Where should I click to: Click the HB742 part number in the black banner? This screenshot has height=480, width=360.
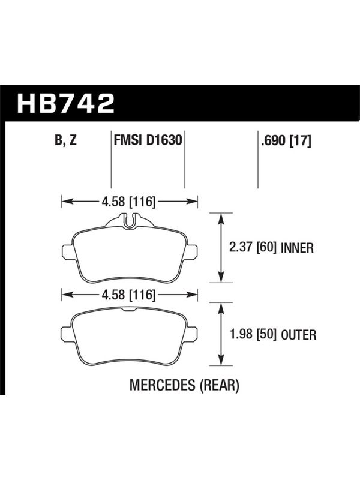[x=65, y=103]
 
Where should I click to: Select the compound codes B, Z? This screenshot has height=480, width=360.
[x=65, y=140]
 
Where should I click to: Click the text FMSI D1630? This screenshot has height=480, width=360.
[x=148, y=140]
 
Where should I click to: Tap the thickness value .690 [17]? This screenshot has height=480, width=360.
[x=286, y=140]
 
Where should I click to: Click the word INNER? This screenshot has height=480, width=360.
[x=297, y=248]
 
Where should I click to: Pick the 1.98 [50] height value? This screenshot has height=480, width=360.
[x=253, y=334]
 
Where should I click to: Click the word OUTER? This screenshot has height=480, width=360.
[x=298, y=335]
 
